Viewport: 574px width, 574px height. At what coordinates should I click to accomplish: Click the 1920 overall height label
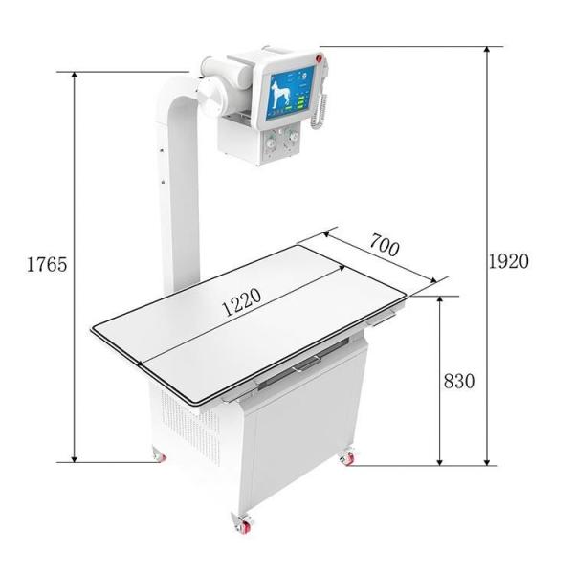(508, 261)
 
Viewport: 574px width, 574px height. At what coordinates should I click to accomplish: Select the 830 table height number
(459, 381)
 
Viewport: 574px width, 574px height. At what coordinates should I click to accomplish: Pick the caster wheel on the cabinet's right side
(346, 457)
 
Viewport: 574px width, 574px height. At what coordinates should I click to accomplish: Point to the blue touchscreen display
(288, 96)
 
